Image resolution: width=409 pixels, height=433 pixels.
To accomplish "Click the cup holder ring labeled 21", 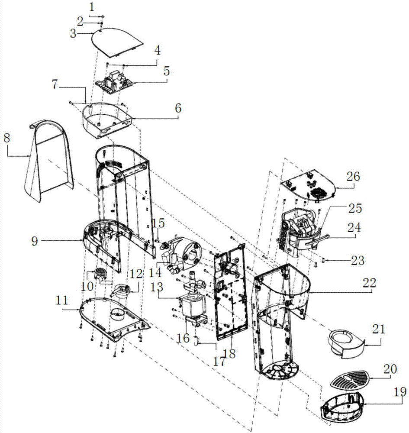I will point(346,342).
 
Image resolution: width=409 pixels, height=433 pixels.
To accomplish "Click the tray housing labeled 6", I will point(106,119).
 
